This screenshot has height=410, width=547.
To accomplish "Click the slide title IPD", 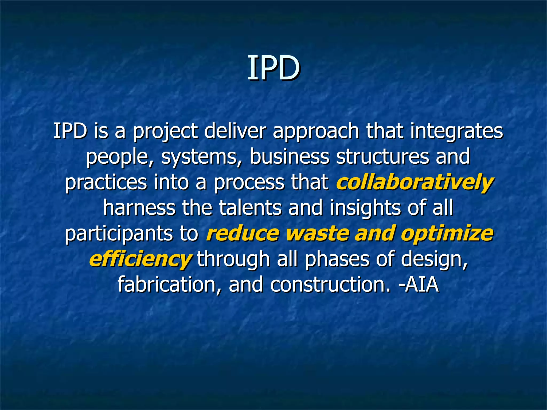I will point(273,68).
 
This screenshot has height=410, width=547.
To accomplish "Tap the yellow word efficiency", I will point(140,259).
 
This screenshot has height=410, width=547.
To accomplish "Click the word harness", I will point(139,208).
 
